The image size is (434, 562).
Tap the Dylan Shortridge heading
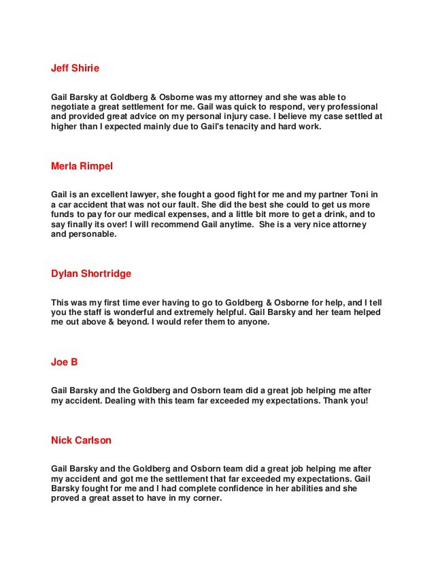(91, 274)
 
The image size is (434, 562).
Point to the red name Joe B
(65, 362)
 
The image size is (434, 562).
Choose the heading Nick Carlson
(81, 440)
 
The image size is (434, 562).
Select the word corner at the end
(206, 499)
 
